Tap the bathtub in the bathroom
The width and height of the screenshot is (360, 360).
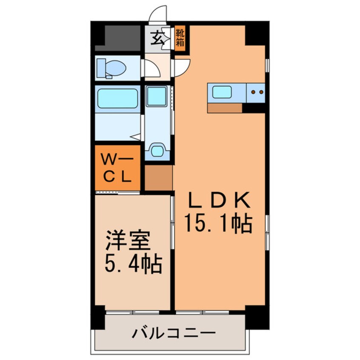point(117,98)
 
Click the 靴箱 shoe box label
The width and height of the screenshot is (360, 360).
point(180,38)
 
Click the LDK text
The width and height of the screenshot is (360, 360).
point(218,200)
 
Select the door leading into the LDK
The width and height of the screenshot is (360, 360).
point(181,67)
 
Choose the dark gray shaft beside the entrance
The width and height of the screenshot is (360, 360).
point(120,37)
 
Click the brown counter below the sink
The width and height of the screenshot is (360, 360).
point(225,108)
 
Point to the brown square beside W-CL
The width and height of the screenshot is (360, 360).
point(159,177)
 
